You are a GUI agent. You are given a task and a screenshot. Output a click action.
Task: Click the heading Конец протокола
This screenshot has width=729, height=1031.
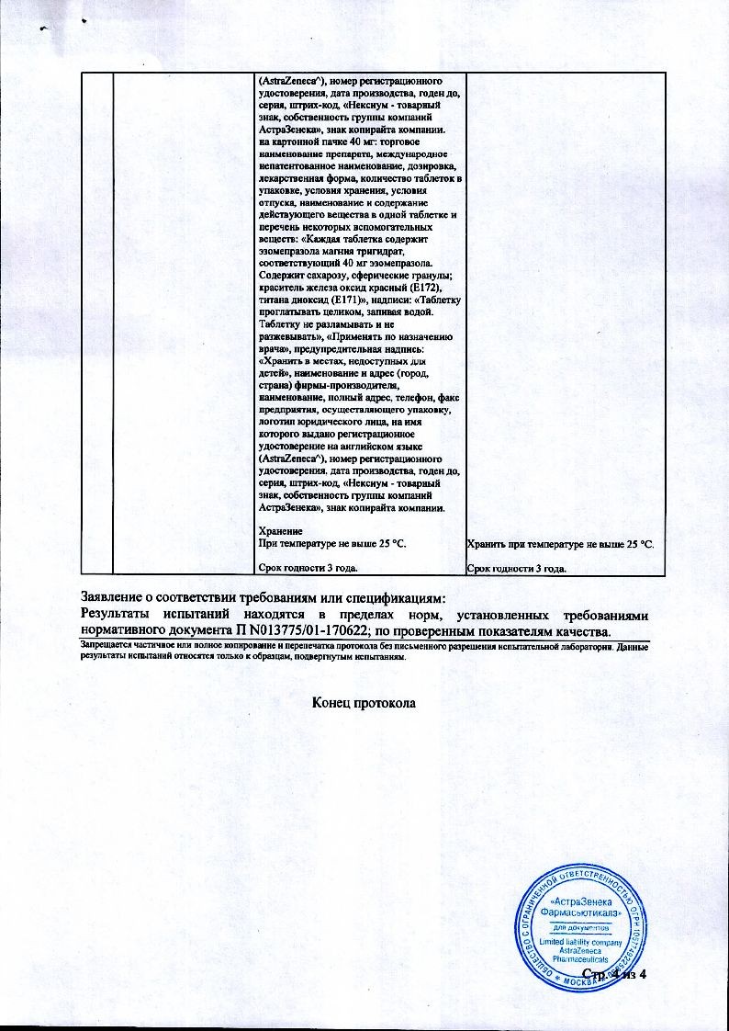[x=364, y=702]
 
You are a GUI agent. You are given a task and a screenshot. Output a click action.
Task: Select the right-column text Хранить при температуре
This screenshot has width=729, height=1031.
[x=524, y=545]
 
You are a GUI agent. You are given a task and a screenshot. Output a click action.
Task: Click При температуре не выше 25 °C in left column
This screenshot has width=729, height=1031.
[x=331, y=545]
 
